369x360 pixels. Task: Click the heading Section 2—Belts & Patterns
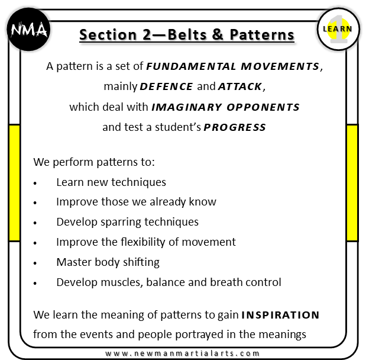click(x=187, y=35)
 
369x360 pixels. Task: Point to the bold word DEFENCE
click(x=166, y=87)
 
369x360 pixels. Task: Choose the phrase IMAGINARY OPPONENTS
click(x=226, y=107)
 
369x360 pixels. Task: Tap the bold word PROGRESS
click(x=235, y=127)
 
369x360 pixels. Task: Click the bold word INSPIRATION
click(x=280, y=314)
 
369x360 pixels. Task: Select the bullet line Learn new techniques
click(x=111, y=182)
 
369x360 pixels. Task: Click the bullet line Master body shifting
click(x=108, y=262)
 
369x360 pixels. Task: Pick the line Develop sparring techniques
click(x=127, y=222)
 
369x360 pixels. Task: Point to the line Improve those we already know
click(x=136, y=202)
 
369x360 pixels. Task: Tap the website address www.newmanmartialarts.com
click(x=186, y=353)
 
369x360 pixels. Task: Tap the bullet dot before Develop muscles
click(x=36, y=283)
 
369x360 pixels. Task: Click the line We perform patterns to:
click(x=94, y=162)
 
